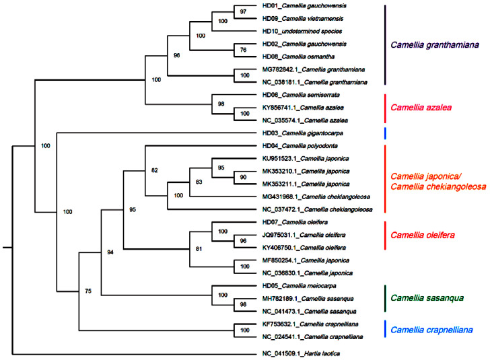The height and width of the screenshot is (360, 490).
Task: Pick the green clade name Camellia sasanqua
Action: [x=429, y=297]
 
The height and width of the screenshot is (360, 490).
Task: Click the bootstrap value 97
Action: [x=243, y=12]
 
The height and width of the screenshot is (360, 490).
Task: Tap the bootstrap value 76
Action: [x=243, y=50]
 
